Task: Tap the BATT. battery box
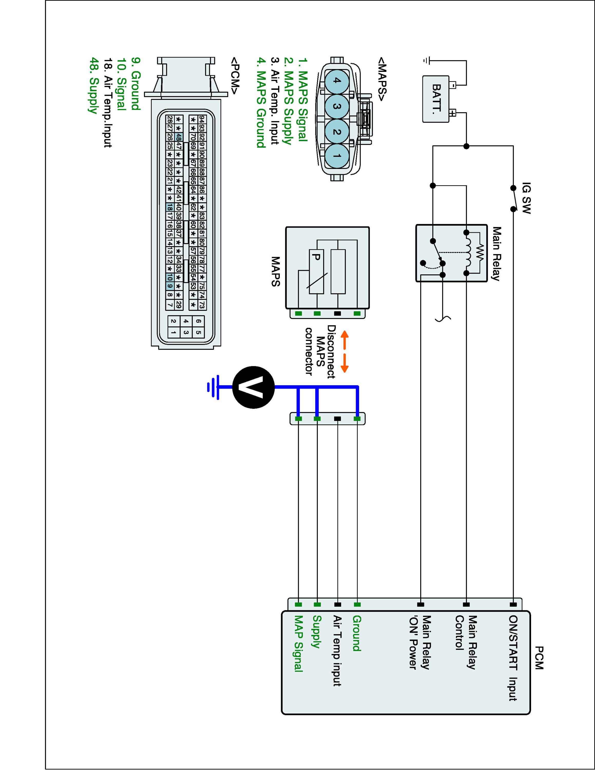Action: point(436,99)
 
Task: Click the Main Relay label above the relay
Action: point(496,254)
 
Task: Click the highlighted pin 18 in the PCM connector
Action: point(170,207)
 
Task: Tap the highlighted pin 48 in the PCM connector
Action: point(179,137)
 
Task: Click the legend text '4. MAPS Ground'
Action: point(261,103)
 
